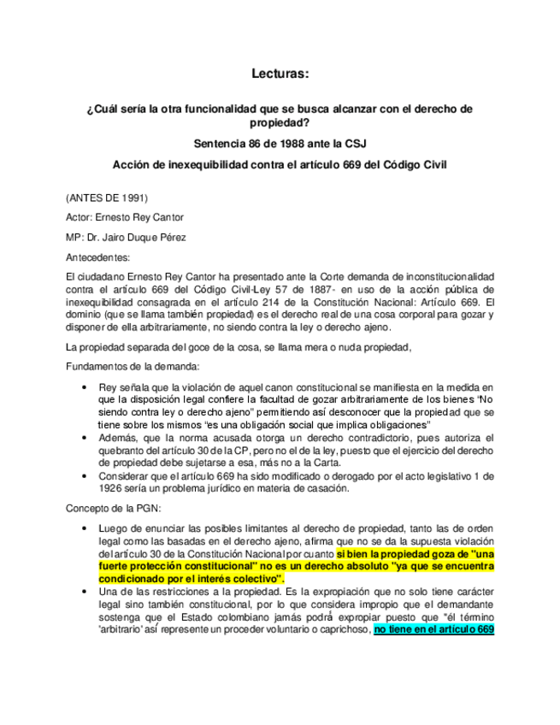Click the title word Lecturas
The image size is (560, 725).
point(280,74)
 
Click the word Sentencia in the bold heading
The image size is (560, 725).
point(221,143)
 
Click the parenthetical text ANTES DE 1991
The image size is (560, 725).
point(100,198)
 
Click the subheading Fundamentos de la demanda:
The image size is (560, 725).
point(133,366)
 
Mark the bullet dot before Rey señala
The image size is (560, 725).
point(84,388)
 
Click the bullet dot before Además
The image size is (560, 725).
point(84,437)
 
